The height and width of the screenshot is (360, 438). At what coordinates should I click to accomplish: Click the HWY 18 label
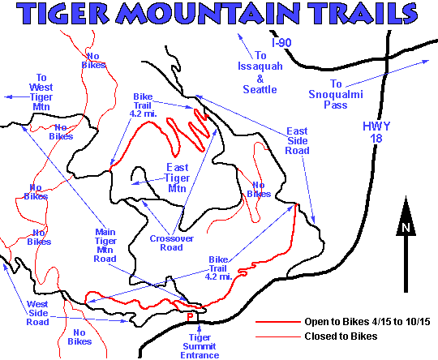tap(375, 131)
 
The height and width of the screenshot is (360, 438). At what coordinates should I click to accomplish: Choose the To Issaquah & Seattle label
tap(260, 71)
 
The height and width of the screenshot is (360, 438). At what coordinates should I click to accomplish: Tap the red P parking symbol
tap(191, 316)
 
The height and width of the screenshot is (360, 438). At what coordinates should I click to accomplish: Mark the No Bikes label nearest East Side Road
tap(258, 189)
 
